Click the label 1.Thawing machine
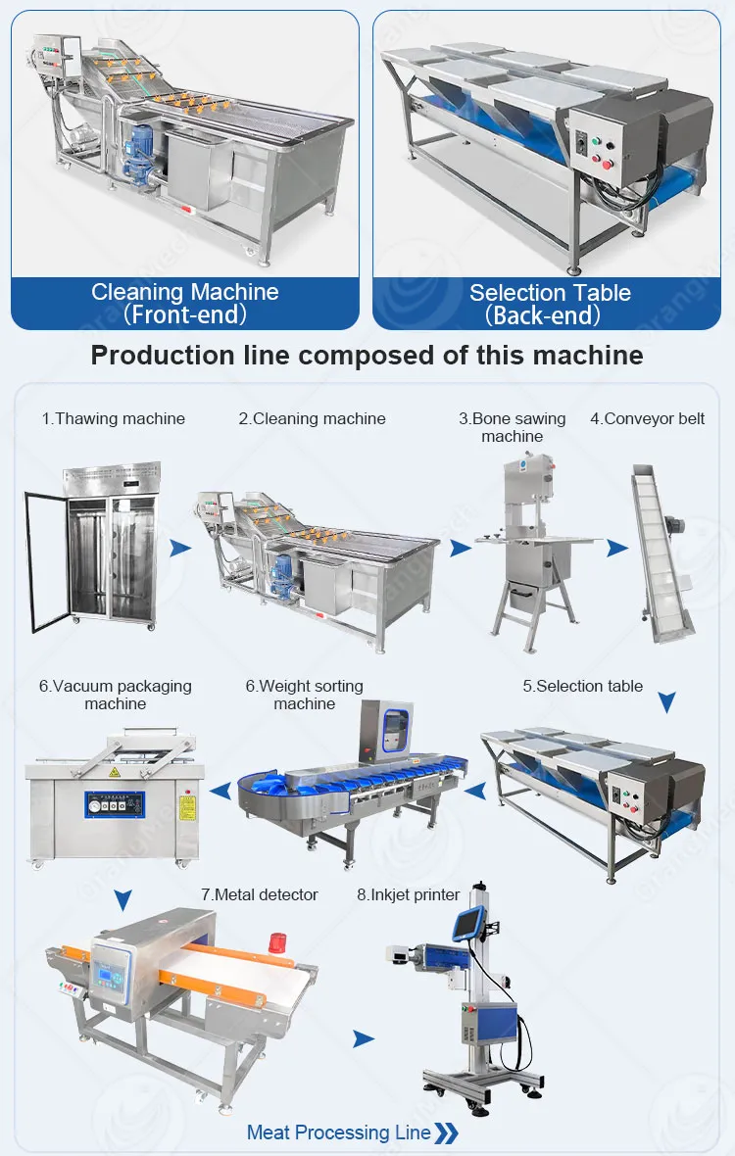tap(114, 418)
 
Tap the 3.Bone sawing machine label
tap(513, 427)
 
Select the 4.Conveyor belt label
tap(647, 418)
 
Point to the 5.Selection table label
tap(582, 687)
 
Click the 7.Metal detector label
tap(260, 895)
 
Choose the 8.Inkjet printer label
tap(409, 895)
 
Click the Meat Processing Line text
tap(338, 1132)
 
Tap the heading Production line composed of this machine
tap(367, 356)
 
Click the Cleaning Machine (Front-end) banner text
tap(185, 303)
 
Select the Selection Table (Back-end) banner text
tap(550, 304)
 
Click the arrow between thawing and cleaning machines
tap(180, 548)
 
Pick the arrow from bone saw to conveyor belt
tap(617, 548)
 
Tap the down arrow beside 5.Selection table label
tap(667, 701)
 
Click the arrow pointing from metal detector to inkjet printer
tap(364, 1038)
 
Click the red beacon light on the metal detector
tap(278, 942)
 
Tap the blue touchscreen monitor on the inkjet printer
tap(468, 923)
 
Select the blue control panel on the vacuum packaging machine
tap(115, 804)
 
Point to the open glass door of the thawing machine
tap(47, 561)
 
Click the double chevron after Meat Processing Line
tap(447, 1133)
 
